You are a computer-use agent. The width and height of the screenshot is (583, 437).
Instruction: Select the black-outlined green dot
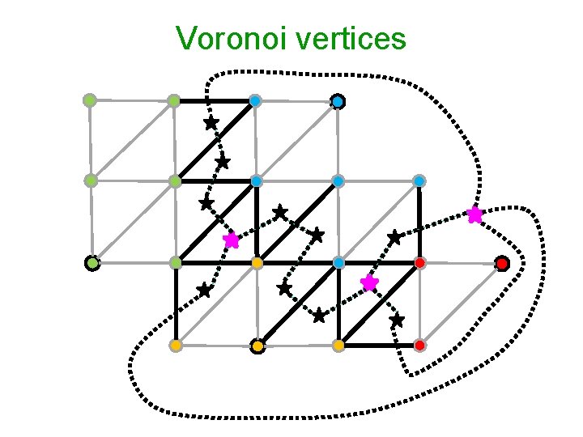coord(92,263)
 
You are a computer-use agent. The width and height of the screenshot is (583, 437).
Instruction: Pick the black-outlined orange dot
coord(257,346)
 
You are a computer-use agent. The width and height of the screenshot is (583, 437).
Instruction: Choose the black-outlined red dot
coord(502,263)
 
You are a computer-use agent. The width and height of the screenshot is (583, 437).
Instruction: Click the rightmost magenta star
coord(474,214)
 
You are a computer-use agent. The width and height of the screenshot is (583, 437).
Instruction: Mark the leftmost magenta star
coord(232,240)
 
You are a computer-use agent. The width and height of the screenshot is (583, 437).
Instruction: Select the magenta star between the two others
coord(369,282)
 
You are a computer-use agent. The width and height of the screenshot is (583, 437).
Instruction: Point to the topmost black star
coord(211,123)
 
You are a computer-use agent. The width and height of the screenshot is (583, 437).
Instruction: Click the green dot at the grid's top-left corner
coord(90,100)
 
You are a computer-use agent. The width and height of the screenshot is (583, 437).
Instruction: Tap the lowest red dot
coord(420,346)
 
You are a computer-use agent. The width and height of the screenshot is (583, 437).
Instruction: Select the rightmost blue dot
coord(419,180)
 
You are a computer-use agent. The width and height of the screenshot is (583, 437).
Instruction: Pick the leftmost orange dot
coord(176,346)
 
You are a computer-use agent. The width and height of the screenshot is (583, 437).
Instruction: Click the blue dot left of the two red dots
coord(338,263)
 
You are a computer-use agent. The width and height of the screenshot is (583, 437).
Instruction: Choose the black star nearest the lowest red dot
coord(396,320)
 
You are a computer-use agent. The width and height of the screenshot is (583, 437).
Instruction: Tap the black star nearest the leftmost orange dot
coord(204,289)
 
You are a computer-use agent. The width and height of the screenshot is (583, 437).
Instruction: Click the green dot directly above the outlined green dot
coord(91,180)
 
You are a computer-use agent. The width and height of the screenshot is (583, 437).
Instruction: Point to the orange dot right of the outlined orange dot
coord(338,346)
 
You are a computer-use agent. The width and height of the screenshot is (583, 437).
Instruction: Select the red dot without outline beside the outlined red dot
coord(420,263)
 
